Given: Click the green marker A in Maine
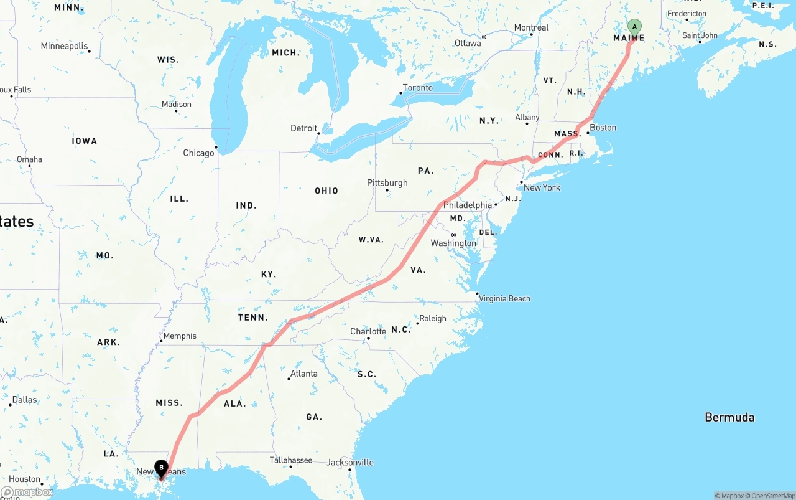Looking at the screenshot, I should point(634,27).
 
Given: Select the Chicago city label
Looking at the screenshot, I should point(198,153).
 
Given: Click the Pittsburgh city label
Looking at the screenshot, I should point(387,183).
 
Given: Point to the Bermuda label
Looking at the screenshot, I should point(729,417).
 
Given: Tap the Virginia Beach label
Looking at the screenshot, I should point(504,298).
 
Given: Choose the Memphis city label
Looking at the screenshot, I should point(180,336).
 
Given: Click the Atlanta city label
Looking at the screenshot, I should point(304,374).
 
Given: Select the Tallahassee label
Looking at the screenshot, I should point(291,460).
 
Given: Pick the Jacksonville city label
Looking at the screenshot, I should point(350,462).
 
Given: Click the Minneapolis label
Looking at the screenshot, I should point(64,46).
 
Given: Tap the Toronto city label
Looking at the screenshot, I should point(418,88).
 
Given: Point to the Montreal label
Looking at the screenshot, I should point(531,27).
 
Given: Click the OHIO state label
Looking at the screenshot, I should point(326,191).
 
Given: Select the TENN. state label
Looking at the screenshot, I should point(253,318).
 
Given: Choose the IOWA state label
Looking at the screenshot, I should point(85,141).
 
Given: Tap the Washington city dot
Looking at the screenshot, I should point(454,235).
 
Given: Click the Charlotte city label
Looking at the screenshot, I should point(368,331).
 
